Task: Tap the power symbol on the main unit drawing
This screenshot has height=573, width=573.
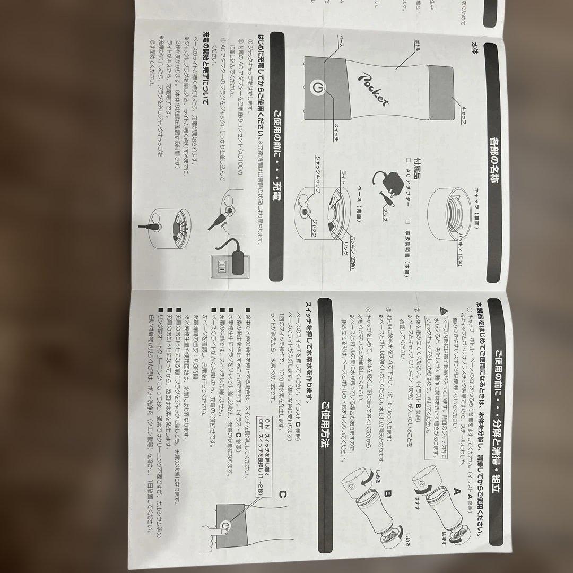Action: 317,88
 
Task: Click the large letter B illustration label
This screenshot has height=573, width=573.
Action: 388,494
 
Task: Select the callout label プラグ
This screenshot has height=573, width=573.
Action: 385,209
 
